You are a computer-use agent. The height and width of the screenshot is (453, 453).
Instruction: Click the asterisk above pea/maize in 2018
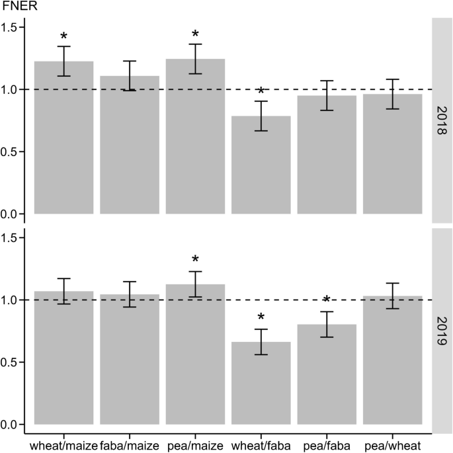pos(195,34)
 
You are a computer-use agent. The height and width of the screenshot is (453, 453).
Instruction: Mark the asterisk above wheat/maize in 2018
pos(63,36)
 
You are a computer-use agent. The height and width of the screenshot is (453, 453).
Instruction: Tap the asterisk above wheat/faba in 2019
pos(261,318)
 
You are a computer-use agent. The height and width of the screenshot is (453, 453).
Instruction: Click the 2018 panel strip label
pos(441,119)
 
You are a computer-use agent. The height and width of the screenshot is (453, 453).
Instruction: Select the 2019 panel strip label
pos(441,329)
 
